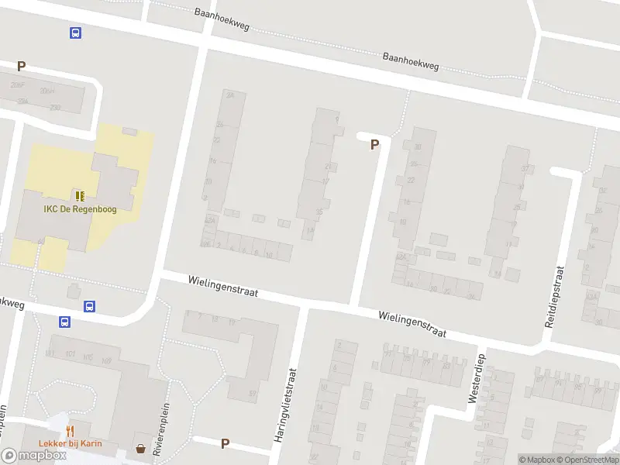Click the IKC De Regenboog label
80,209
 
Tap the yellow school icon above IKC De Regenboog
80,195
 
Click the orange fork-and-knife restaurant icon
70,431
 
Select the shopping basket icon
140,448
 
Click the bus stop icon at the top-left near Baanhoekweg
75,33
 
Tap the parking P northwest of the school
22,67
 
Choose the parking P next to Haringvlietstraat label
225,443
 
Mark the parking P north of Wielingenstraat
375,144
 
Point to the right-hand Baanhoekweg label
411,61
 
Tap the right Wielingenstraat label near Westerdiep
412,324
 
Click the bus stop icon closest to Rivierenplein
91,305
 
